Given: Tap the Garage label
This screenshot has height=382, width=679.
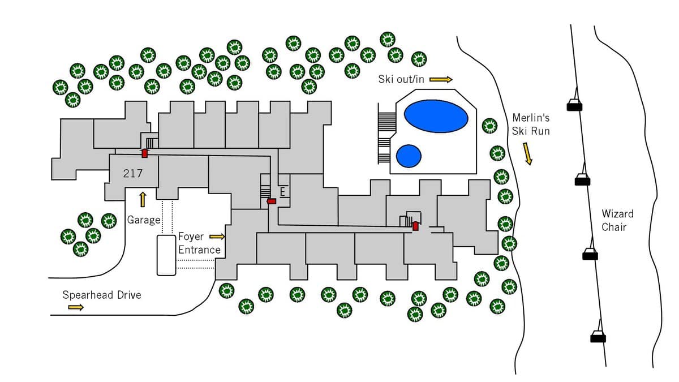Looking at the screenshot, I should tap(144, 220).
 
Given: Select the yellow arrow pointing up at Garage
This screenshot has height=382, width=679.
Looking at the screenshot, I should tap(143, 199).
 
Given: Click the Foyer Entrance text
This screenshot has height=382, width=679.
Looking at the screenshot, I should tap(199, 243).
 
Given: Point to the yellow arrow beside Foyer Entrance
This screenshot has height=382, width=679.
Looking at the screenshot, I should tap(217, 237).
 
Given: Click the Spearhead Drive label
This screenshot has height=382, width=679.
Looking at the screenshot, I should tap(102, 295).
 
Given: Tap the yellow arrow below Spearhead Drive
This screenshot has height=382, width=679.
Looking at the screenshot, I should tap(76, 307).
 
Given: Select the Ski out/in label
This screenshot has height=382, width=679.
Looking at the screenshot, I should tap(401, 79).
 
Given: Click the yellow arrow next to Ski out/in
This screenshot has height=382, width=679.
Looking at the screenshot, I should tap(441, 79).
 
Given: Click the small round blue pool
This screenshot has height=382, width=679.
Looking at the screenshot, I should tap(409, 156).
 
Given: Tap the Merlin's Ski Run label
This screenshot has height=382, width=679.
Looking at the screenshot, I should tap(531, 125).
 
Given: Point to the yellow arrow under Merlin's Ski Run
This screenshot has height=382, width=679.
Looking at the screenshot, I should tap(528, 153).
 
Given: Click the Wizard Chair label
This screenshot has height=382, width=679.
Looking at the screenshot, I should tap(617, 220).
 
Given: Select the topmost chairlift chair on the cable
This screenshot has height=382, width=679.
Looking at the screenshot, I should tap(574, 105).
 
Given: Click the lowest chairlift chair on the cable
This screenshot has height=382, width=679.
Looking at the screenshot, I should tap(598, 337).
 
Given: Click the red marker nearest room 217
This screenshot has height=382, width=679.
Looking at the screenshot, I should tap(144, 153).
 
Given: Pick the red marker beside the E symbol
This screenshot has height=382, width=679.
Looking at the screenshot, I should tap(272, 201).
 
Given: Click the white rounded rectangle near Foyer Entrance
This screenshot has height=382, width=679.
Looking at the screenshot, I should tap(166, 255).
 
